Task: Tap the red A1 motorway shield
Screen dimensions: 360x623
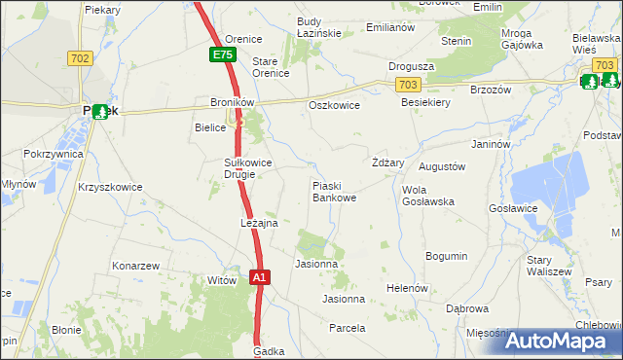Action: pos(260,277)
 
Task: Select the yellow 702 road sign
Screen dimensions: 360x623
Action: pos(80,59)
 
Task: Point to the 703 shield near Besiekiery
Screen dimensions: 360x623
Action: pos(410,86)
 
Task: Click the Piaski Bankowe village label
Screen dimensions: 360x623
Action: pos(333,191)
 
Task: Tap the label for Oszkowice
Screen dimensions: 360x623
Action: pos(333,105)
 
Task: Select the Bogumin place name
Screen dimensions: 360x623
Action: pos(447,256)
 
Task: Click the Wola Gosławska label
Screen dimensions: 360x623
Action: pos(428,195)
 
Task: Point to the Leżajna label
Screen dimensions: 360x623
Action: pos(260,223)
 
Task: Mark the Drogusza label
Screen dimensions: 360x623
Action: pos(411,66)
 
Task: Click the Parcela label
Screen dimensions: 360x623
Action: pos(347,328)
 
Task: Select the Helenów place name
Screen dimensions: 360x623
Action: pos(408,289)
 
